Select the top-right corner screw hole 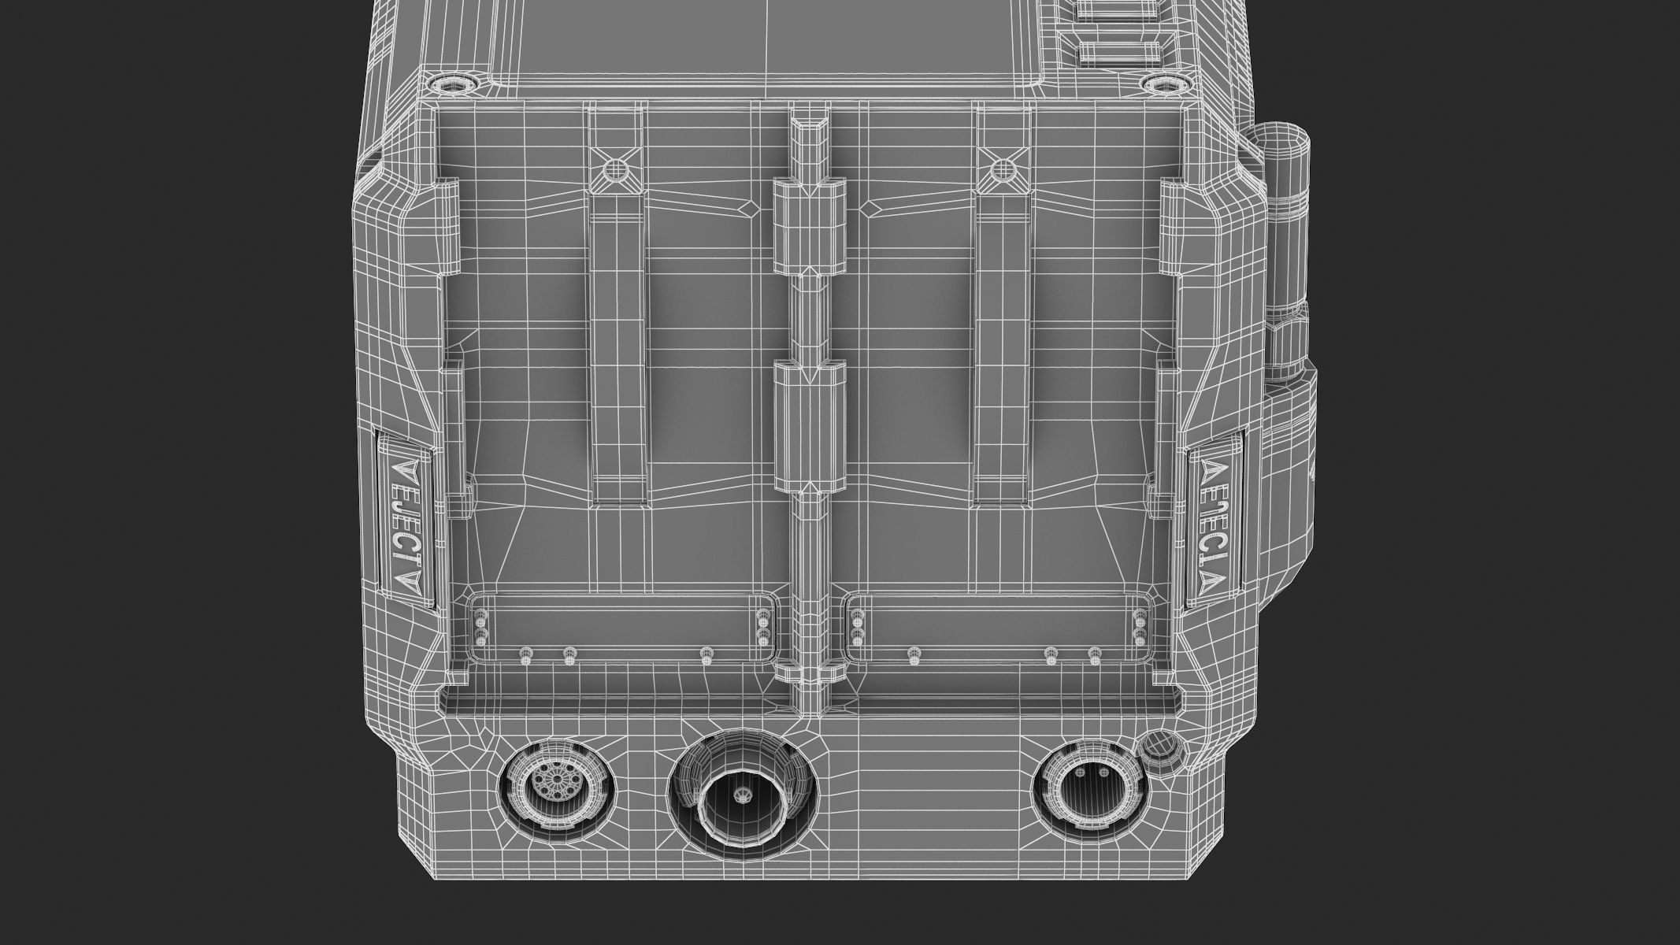pos(1162,83)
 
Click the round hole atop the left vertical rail pos(615,169)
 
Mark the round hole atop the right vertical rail pos(1002,169)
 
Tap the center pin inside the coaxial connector pos(741,796)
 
